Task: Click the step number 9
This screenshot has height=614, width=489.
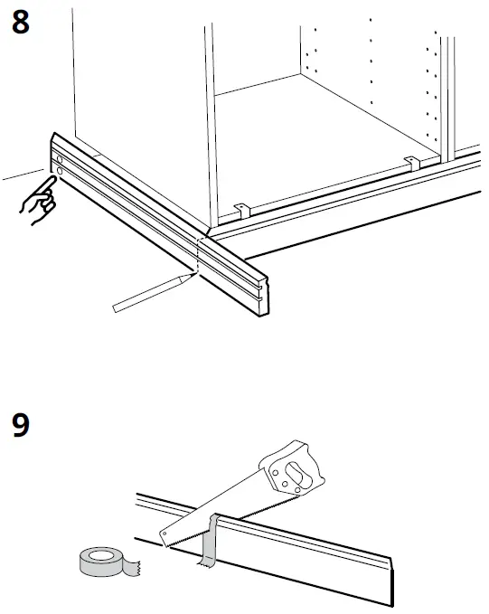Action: coord(20,425)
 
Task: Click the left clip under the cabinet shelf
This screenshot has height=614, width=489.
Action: coord(241,210)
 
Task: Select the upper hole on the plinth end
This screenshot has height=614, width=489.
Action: coord(58,157)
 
